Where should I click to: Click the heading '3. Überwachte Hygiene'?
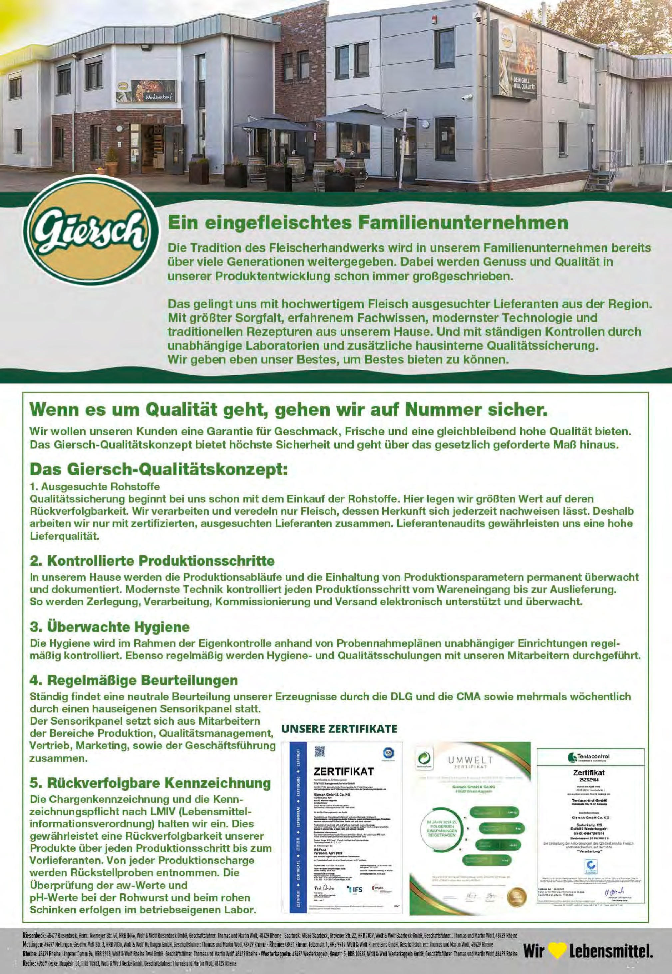point(110,627)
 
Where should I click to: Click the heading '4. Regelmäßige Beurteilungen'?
point(134,680)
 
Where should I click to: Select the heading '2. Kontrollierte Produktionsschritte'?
point(152,561)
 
